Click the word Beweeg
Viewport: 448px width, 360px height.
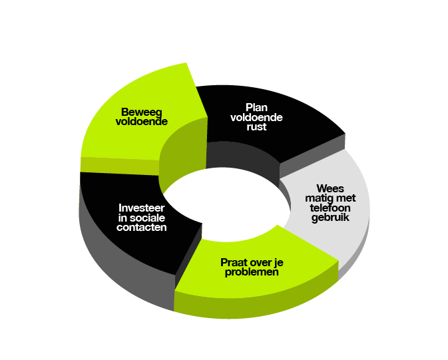(141, 112)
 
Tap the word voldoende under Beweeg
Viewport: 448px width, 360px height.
(141, 121)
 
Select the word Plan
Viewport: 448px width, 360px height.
(256, 107)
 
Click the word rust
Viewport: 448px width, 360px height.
(256, 126)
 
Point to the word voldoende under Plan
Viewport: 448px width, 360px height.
(256, 117)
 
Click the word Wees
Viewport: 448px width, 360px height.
(330, 188)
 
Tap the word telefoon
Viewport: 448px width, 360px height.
(330, 208)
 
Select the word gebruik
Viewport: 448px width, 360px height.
(330, 218)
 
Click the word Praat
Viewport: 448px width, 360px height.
(234, 262)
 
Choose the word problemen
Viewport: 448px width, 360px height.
(252, 271)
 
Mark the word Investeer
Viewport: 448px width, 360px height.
(141, 208)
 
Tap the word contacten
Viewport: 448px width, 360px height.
(141, 228)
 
